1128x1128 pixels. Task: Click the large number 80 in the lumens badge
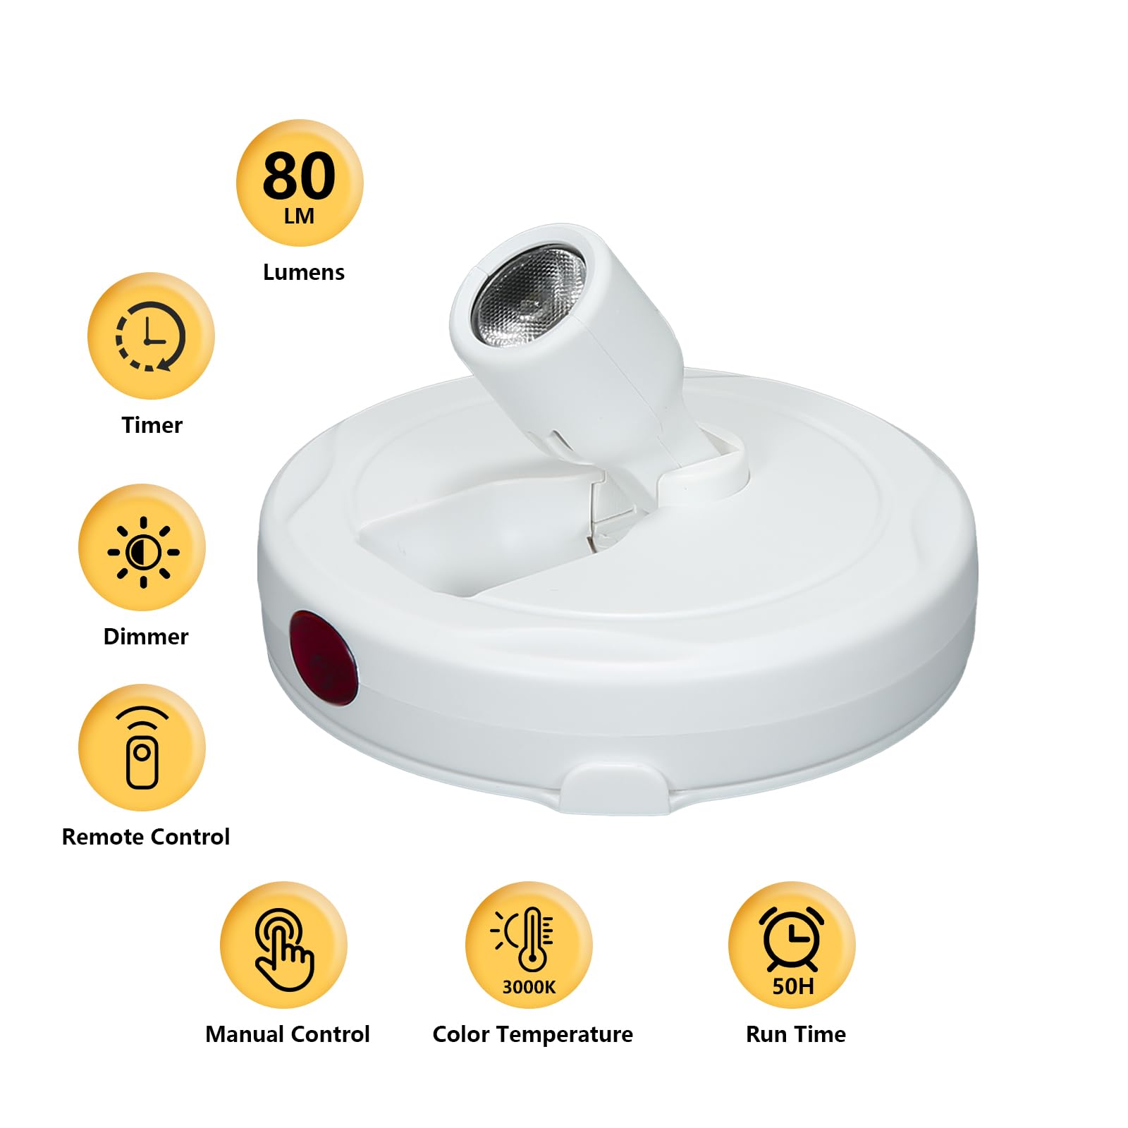(x=299, y=176)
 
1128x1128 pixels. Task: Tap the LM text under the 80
(x=299, y=216)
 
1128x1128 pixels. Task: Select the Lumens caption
(x=303, y=272)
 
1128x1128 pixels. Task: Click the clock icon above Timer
(x=150, y=336)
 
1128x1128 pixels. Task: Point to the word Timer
(x=152, y=425)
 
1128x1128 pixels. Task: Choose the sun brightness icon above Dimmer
(x=143, y=551)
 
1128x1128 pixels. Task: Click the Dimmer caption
(x=146, y=637)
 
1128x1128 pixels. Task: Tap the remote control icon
(x=142, y=748)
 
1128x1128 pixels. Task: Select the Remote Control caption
(x=146, y=837)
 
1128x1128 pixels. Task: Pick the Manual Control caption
(x=287, y=1034)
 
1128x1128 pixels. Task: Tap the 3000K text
(x=529, y=987)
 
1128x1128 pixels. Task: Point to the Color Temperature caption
(x=532, y=1034)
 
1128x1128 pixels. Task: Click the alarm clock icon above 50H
(x=792, y=937)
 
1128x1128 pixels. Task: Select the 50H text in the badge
(x=793, y=986)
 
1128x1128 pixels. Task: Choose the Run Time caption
(x=796, y=1034)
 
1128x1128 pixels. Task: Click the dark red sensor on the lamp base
(x=323, y=658)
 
